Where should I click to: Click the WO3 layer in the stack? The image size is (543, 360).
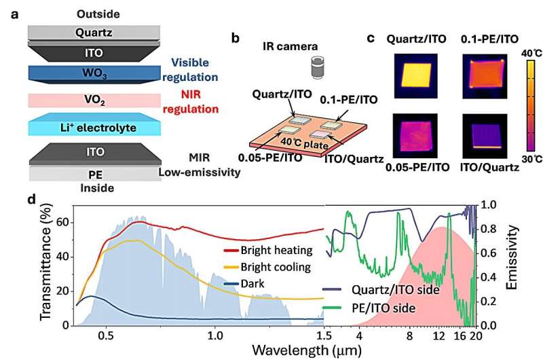94,73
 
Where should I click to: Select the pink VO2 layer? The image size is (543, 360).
94,100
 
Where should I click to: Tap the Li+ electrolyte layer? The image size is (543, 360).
94,127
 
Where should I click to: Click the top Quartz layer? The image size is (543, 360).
94,31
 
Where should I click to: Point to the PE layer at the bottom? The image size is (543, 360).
94,174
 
